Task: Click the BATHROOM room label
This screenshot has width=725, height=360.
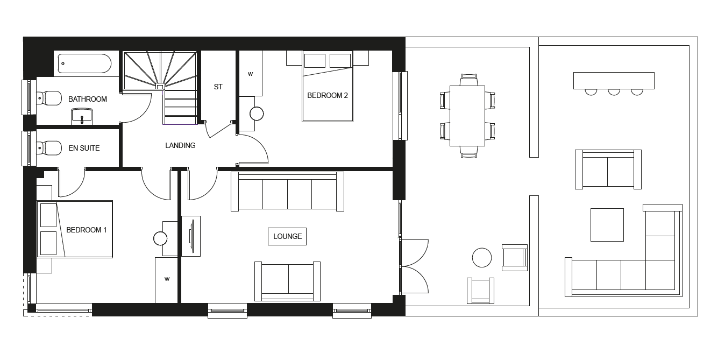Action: click(x=87, y=99)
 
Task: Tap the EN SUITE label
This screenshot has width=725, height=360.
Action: click(x=84, y=148)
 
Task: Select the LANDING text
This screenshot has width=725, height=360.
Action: click(x=180, y=145)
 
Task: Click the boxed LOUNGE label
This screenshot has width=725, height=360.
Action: click(x=287, y=236)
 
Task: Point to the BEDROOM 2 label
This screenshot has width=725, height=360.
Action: click(x=327, y=95)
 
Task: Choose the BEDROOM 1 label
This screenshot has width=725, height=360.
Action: click(x=86, y=230)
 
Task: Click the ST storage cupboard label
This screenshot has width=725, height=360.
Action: click(x=218, y=87)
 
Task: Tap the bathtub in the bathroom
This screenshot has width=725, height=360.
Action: click(x=85, y=63)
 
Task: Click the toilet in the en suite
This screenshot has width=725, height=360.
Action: click(x=49, y=149)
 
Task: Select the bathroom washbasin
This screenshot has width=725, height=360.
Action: click(x=82, y=117)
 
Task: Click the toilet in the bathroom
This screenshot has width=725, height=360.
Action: click(x=49, y=98)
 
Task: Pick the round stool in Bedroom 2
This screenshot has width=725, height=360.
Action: click(x=257, y=114)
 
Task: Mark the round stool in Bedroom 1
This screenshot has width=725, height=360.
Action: click(x=160, y=238)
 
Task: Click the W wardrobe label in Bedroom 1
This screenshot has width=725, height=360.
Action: click(x=167, y=279)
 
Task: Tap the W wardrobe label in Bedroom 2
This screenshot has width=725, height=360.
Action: click(x=250, y=74)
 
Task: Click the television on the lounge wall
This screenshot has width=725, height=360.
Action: click(x=192, y=236)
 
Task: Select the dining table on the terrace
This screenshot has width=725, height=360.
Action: click(x=467, y=116)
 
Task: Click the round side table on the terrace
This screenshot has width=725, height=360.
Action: click(x=482, y=258)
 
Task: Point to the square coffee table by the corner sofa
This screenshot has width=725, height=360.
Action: click(x=607, y=225)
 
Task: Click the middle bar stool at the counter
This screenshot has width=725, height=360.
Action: click(x=614, y=92)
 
